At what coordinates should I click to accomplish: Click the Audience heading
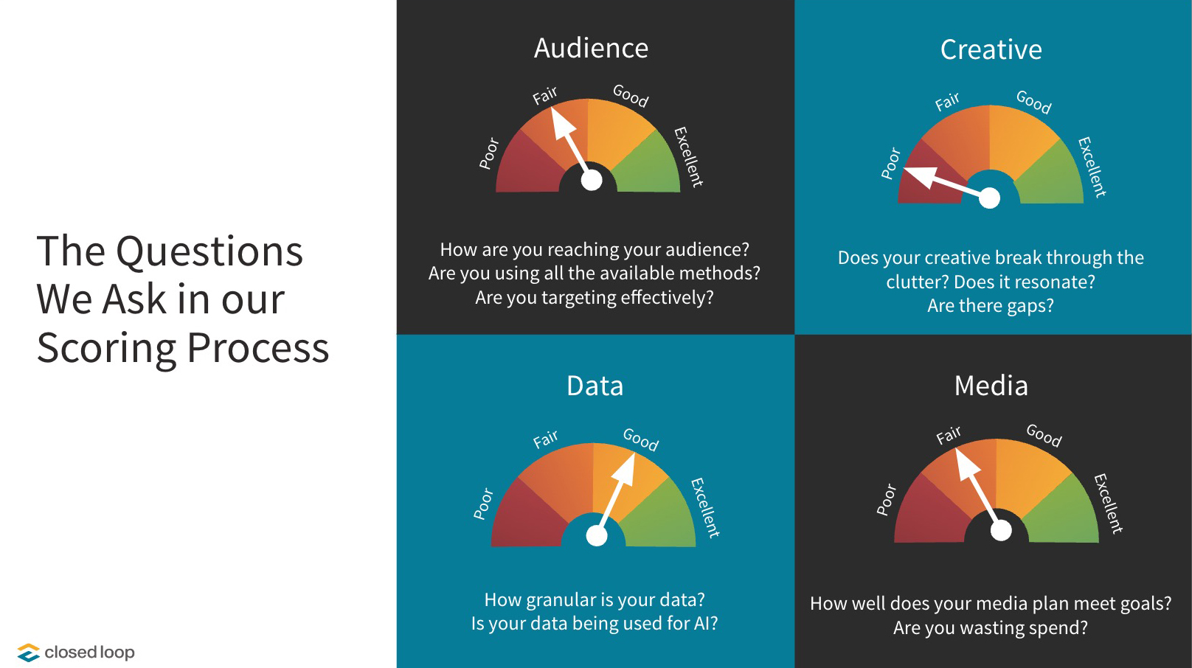591,49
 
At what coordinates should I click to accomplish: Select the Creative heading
991,50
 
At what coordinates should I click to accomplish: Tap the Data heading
595,386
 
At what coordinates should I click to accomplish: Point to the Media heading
991,386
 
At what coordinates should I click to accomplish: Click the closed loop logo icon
28,653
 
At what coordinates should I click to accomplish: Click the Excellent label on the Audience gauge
688,156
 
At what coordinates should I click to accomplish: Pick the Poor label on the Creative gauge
891,164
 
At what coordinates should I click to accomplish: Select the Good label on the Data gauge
640,439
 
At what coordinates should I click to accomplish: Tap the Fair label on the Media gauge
949,435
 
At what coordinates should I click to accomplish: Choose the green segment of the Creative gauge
1053,177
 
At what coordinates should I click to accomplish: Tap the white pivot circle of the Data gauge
596,536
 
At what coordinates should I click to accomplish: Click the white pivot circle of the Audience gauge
592,180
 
